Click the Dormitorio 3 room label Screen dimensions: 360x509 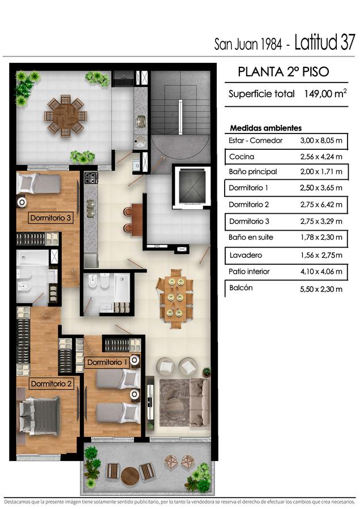click(x=50, y=218)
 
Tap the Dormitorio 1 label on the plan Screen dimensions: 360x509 click(x=107, y=363)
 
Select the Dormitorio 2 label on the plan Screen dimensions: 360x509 click(x=51, y=383)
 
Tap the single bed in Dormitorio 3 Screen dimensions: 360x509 click(x=38, y=184)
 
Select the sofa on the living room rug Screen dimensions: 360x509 click(x=200, y=403)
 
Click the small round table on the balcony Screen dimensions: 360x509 click(x=130, y=476)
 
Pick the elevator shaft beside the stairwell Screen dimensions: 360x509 click(x=192, y=187)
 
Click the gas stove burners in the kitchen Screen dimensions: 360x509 click(x=91, y=178)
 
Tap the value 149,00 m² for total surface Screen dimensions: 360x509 click(x=325, y=94)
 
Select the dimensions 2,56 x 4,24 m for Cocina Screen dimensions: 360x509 click(x=321, y=157)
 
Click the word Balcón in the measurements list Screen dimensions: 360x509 click(x=241, y=288)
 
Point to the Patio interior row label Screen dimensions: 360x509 click(x=249, y=271)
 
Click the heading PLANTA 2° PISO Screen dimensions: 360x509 click(x=284, y=72)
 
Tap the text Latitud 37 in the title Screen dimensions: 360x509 click(x=324, y=42)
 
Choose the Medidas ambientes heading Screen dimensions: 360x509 click(x=266, y=128)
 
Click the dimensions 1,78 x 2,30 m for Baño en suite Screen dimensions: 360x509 click(x=321, y=238)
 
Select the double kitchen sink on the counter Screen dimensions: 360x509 click(x=91, y=208)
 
